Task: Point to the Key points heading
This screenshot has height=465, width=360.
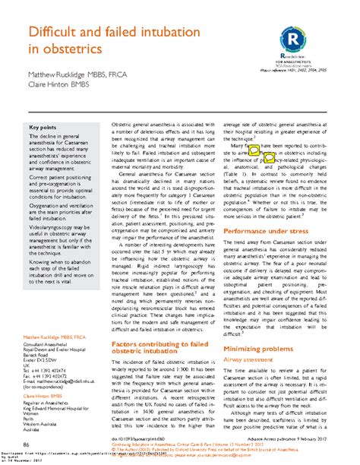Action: point(43,127)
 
